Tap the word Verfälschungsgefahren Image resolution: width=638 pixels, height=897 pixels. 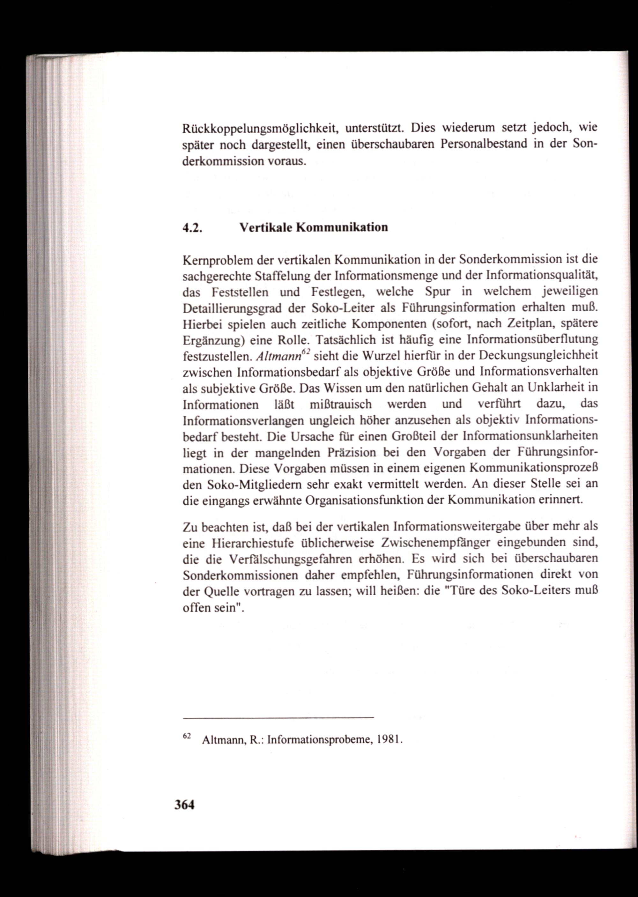pyautogui.click(x=293, y=559)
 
